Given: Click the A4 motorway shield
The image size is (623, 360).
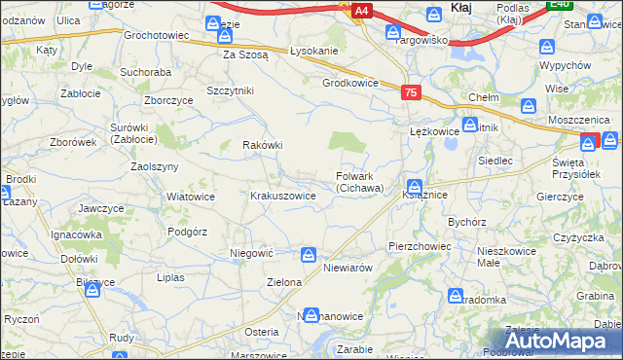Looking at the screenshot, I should [x=361, y=11].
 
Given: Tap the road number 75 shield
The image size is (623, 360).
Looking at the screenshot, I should [x=410, y=91].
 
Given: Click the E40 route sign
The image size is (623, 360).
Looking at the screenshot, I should [x=558, y=5].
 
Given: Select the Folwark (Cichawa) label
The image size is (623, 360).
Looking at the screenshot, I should [x=360, y=182].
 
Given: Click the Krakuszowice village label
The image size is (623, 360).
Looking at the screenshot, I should [x=283, y=196].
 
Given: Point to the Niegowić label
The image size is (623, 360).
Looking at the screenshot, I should [x=250, y=253].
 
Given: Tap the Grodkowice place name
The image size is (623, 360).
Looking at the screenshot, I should [x=349, y=83].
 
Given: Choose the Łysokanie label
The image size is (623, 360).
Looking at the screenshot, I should [x=313, y=51].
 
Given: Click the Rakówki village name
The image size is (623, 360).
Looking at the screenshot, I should [x=262, y=145].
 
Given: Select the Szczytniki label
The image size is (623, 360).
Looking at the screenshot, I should [x=230, y=90].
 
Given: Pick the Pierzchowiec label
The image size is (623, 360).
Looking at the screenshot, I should [x=419, y=246].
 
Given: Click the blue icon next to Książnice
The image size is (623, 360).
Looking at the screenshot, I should [x=415, y=186].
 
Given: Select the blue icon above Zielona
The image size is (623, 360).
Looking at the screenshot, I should [x=308, y=255].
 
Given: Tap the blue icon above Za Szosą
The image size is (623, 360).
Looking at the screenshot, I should [x=225, y=37].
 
